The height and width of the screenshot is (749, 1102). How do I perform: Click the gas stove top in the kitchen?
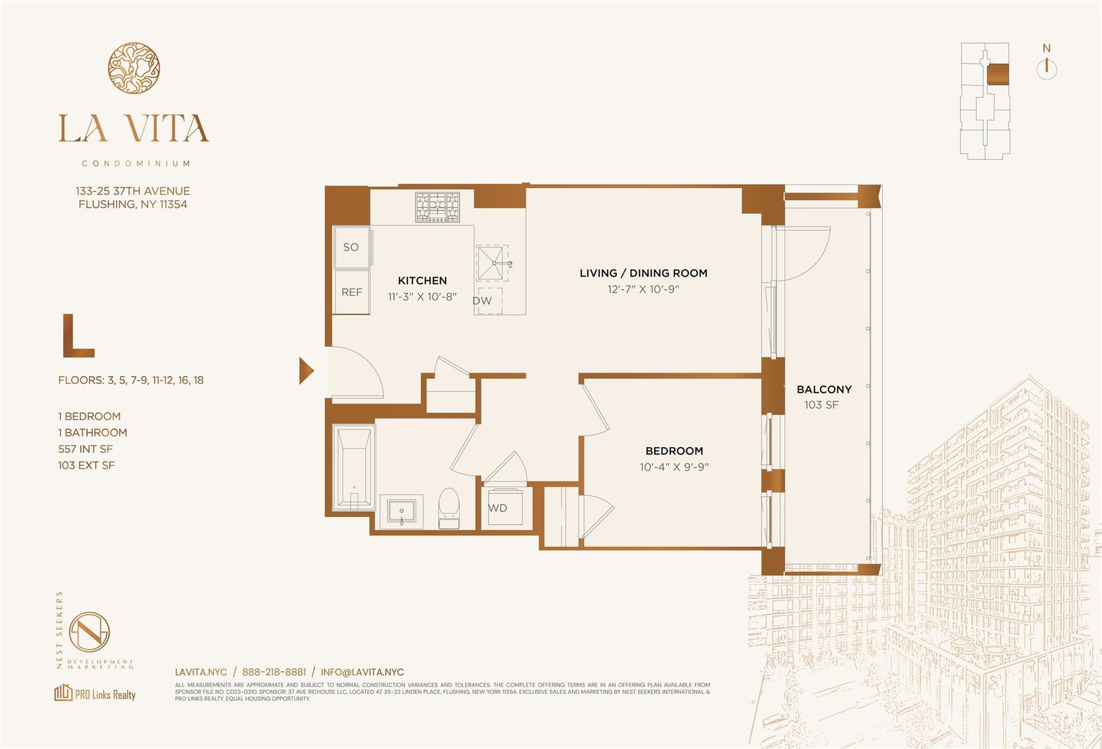(x=437, y=207)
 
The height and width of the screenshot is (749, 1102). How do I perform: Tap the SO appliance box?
(x=352, y=247)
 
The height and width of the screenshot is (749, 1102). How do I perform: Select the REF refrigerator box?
(x=352, y=292)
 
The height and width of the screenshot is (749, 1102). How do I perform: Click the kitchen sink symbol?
(x=493, y=263)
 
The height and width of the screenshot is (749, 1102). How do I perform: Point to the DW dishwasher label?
(x=482, y=301)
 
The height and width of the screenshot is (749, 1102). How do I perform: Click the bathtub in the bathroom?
(x=354, y=467)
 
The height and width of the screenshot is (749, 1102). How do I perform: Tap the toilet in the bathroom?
(x=449, y=509)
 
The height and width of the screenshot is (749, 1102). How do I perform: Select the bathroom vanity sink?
(x=401, y=511)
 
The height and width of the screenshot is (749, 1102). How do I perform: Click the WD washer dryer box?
(x=502, y=507)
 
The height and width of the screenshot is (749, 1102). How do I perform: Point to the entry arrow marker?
(x=306, y=370)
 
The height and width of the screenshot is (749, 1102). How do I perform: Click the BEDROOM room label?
(x=674, y=451)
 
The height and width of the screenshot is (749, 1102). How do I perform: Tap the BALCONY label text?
(x=824, y=389)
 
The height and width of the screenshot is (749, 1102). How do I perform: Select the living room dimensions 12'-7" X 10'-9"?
(x=643, y=289)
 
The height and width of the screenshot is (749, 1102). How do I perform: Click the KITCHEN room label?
(x=422, y=281)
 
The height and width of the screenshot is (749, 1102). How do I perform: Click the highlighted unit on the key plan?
(x=998, y=75)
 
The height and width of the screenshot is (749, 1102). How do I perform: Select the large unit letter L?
(x=78, y=336)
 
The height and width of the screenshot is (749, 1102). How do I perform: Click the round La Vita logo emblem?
(x=134, y=68)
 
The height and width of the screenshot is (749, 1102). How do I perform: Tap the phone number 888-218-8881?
(x=274, y=672)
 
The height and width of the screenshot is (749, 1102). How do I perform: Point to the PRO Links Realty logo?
(x=95, y=693)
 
